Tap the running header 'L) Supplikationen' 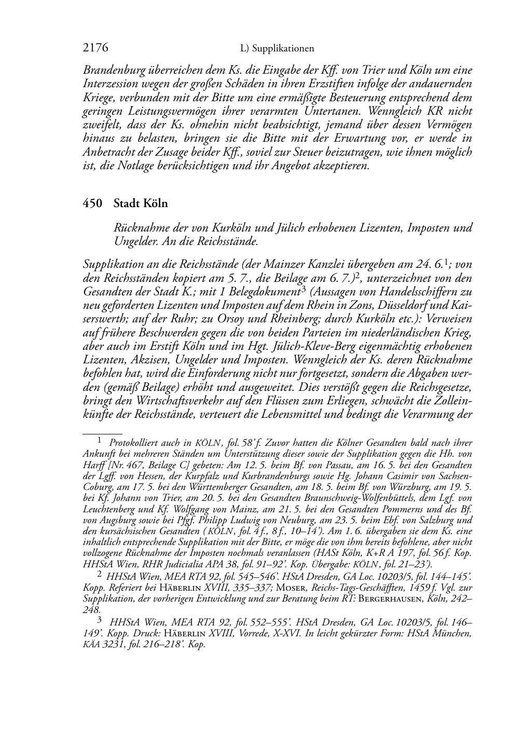[x=277, y=49]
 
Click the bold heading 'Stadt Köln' [x=141, y=203]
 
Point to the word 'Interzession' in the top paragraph [x=108, y=84]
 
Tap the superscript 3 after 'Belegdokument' [x=303, y=289]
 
